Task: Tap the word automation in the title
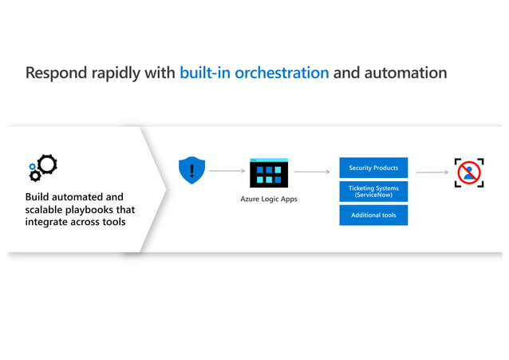pos(405,73)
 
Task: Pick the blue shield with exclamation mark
pos(191,170)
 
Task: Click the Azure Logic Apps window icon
pos(268,172)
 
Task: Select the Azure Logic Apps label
pos(268,199)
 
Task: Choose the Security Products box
pos(373,168)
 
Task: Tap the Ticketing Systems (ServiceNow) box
pos(373,192)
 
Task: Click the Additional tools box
pos(373,216)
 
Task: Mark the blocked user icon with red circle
pos(469,172)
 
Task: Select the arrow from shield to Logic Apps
pos(227,171)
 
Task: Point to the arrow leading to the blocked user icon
pos(432,171)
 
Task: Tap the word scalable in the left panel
pos(46,209)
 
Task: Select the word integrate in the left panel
pos(48,222)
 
